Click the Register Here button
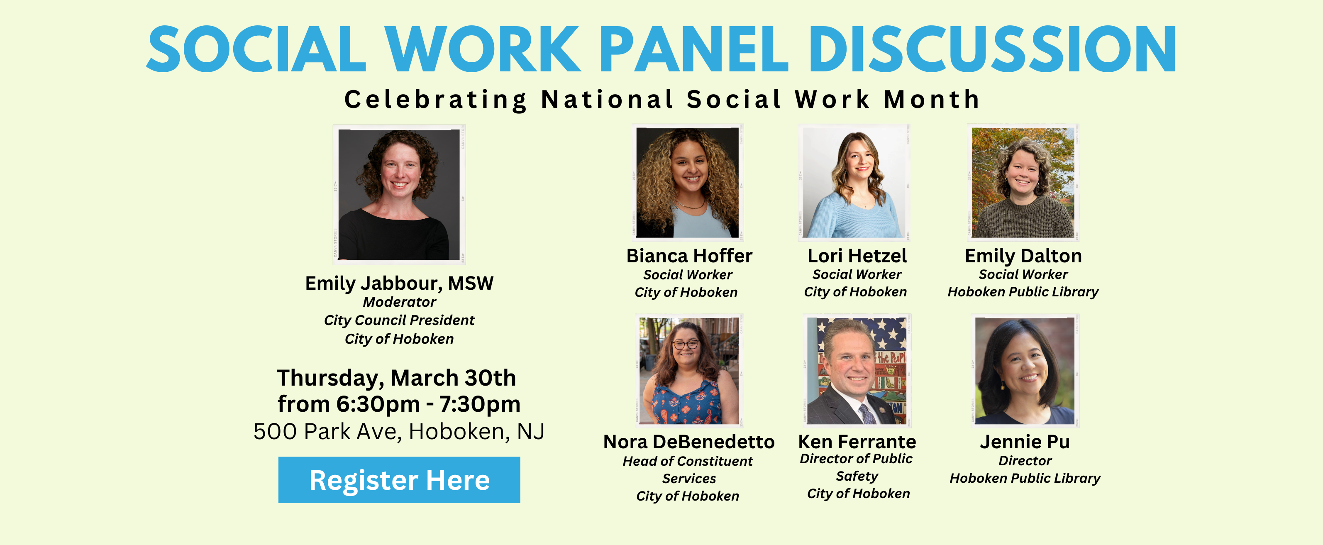point(399,480)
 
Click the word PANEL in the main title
point(693,49)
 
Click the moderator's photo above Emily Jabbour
point(399,195)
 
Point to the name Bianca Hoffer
point(689,256)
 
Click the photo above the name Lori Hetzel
point(854,182)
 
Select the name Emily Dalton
point(1023,256)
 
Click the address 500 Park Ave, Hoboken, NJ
point(399,432)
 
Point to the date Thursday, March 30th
point(396,379)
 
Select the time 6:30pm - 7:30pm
point(428,404)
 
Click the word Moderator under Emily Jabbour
point(399,302)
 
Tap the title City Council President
point(399,320)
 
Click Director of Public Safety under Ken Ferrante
point(856,467)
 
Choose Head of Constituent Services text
point(688,469)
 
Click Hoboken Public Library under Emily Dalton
point(1023,292)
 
